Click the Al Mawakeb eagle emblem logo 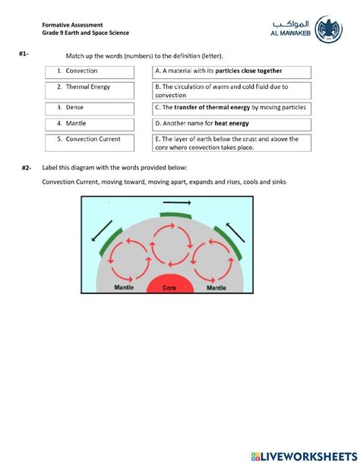coord(328,30)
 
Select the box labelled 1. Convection coord(90,72)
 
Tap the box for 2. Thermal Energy coord(90,90)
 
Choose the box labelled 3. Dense coord(90,109)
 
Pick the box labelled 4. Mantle coord(90,125)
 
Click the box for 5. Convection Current coord(90,143)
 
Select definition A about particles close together coord(232,72)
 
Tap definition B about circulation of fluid coord(232,90)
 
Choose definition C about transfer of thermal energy coord(232,109)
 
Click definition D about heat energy coord(232,125)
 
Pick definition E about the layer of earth coord(232,143)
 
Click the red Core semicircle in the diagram coord(170,283)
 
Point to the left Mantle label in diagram coord(124,287)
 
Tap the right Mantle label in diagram coord(216,288)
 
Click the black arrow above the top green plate coord(177,203)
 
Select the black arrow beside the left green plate coord(102,231)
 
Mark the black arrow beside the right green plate coord(235,233)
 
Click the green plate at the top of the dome coord(175,216)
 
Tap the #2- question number coord(26,168)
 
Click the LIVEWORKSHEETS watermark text coord(305,456)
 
